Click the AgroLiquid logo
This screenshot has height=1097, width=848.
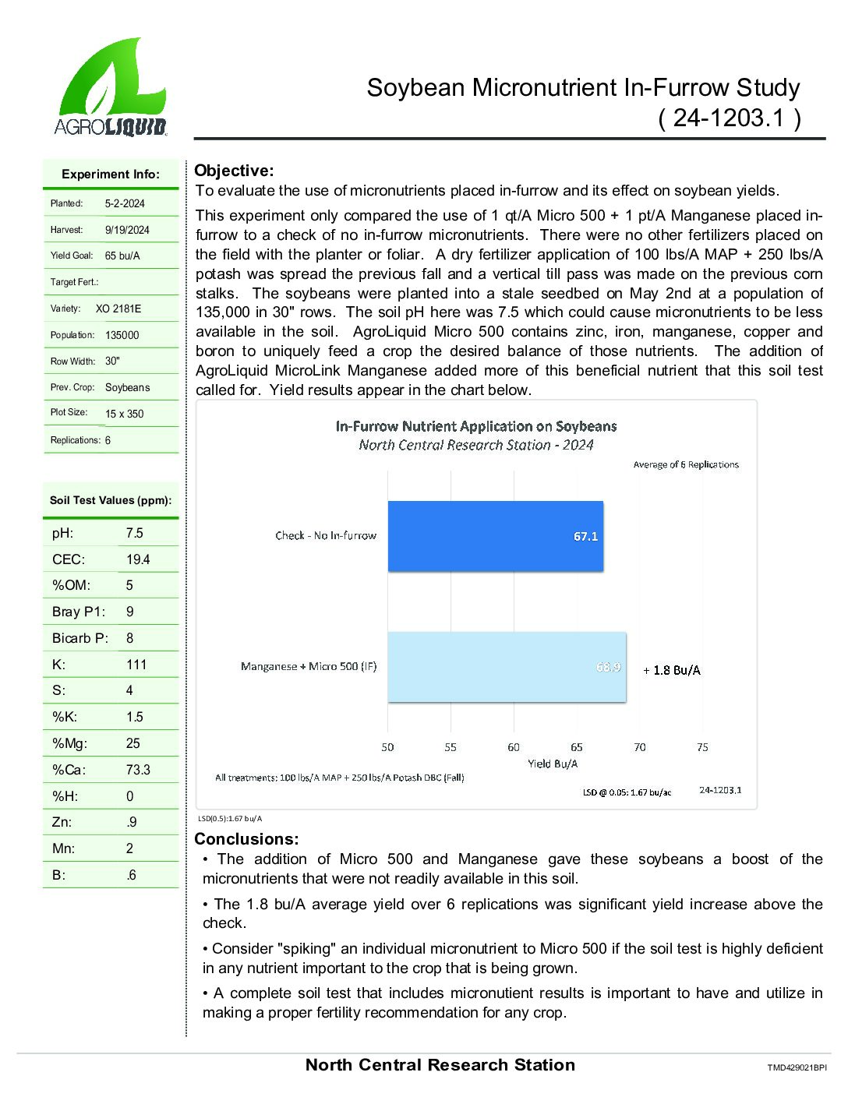tap(111, 87)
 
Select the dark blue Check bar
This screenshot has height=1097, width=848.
tap(495, 536)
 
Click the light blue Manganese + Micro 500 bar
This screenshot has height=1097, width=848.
tap(507, 667)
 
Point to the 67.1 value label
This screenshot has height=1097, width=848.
tap(585, 537)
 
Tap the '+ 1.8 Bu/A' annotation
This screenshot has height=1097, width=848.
tap(672, 670)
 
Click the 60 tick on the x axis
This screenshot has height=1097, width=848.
tap(514, 747)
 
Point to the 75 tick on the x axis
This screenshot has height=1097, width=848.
tap(702, 747)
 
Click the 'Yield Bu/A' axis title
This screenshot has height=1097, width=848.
tap(553, 764)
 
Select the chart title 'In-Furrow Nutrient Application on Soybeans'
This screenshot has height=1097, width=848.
tap(476, 426)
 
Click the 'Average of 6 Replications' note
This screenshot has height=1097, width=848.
tap(686, 464)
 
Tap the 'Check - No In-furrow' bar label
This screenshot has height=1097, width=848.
tap(326, 535)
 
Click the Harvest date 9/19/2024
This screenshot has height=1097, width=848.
tap(127, 230)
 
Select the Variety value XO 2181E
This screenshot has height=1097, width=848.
tap(118, 309)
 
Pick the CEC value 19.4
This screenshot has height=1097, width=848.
tap(138, 559)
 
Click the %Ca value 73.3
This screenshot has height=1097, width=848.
tap(138, 770)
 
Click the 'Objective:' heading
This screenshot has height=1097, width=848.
tap(234, 171)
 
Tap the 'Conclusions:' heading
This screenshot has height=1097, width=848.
tap(246, 839)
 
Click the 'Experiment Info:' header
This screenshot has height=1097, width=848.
tap(111, 175)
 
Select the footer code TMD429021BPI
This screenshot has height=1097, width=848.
tap(797, 1067)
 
